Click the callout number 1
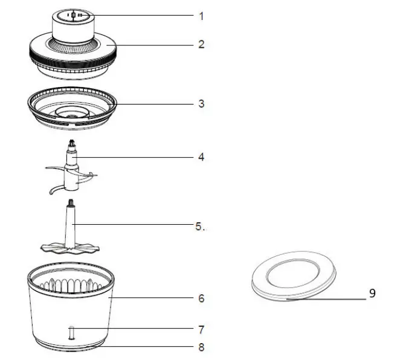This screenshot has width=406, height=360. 201,16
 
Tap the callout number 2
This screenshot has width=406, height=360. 201,44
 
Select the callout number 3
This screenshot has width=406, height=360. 202,103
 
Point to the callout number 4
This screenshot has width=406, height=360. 201,156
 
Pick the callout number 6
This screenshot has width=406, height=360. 201,298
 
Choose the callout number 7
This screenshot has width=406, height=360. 201,330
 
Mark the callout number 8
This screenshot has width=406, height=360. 201,347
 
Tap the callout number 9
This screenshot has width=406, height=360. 372,294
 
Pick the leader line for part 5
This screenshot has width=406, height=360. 133,226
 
